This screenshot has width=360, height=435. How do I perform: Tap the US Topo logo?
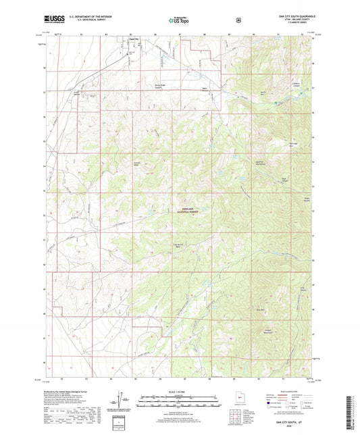178,20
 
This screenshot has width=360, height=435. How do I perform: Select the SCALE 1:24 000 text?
180,391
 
